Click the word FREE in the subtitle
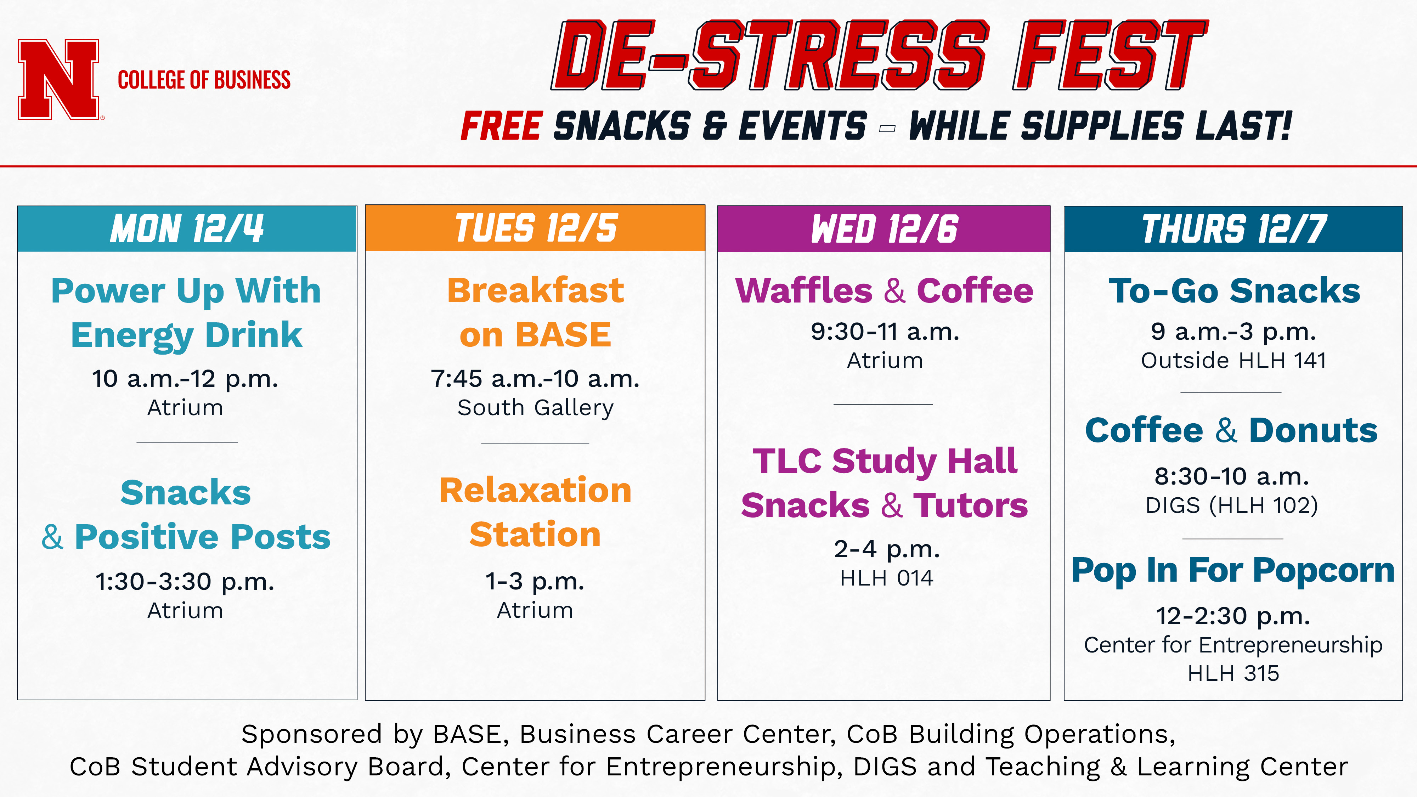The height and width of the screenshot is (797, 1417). pos(502,126)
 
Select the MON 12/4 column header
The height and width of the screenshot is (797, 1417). pos(187,229)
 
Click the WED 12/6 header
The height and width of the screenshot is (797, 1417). pos(884,229)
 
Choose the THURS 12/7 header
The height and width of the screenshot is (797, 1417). pos(1233,229)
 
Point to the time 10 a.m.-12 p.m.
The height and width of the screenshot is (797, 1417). pos(185,379)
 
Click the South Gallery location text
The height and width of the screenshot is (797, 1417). pos(535,408)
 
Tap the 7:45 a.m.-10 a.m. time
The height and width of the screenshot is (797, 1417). pos(535,379)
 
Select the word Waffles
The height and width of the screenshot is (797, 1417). pos(804,290)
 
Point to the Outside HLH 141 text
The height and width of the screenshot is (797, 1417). pos(1233,361)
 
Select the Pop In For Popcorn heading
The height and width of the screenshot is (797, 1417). pos(1233,570)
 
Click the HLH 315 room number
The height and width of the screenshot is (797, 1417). pos(1233,674)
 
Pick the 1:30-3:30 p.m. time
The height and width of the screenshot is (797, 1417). pos(185,581)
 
